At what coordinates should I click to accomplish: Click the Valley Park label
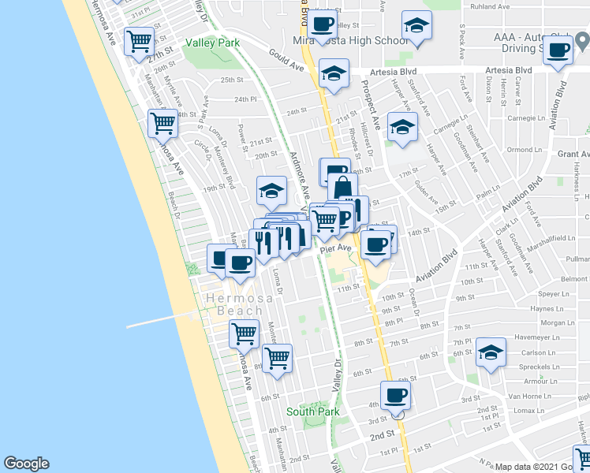212,43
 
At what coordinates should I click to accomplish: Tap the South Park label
312,412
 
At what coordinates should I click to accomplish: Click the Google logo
25,464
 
